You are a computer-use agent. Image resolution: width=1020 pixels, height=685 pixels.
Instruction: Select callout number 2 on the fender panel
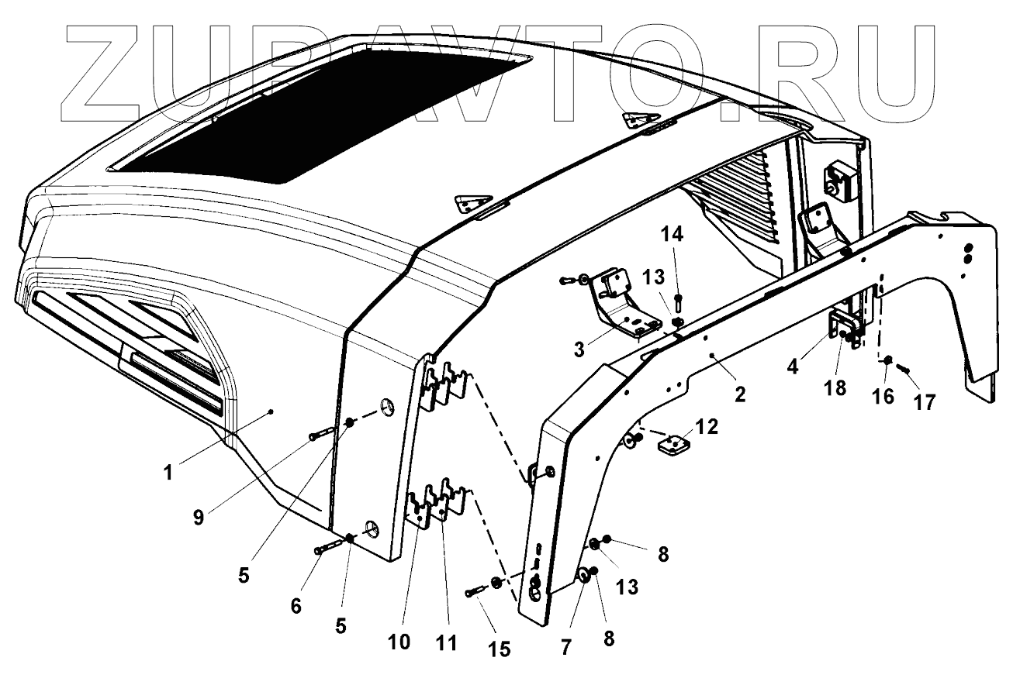(x=741, y=394)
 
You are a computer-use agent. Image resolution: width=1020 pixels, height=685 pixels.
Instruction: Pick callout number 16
(x=883, y=396)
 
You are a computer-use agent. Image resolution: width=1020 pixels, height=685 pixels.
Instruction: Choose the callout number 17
(x=924, y=401)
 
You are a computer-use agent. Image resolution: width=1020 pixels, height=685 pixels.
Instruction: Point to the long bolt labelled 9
(x=322, y=435)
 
